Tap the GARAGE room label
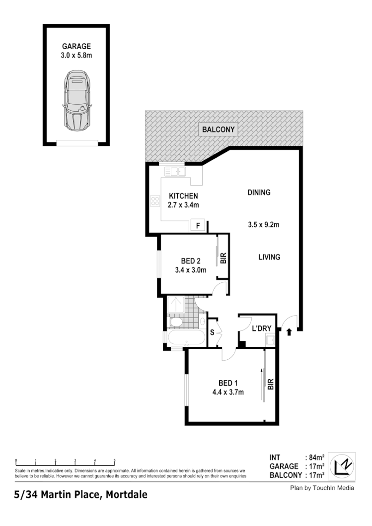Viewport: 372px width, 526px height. point(75,46)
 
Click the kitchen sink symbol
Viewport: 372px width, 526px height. point(175,172)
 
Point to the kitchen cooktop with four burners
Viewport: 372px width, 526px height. point(155,201)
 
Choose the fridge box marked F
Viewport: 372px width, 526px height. point(198,226)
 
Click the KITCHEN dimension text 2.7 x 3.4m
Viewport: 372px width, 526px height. point(183,205)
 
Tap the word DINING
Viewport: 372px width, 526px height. point(259,193)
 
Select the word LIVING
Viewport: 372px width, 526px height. point(269,257)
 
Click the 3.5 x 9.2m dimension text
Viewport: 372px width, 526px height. point(263,224)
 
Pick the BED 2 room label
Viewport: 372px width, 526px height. point(190,261)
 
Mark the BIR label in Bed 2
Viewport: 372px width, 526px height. point(223,258)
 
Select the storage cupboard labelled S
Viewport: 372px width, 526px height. point(212,332)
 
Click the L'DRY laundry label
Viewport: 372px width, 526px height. point(261,329)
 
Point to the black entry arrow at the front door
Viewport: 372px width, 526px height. point(290,332)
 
